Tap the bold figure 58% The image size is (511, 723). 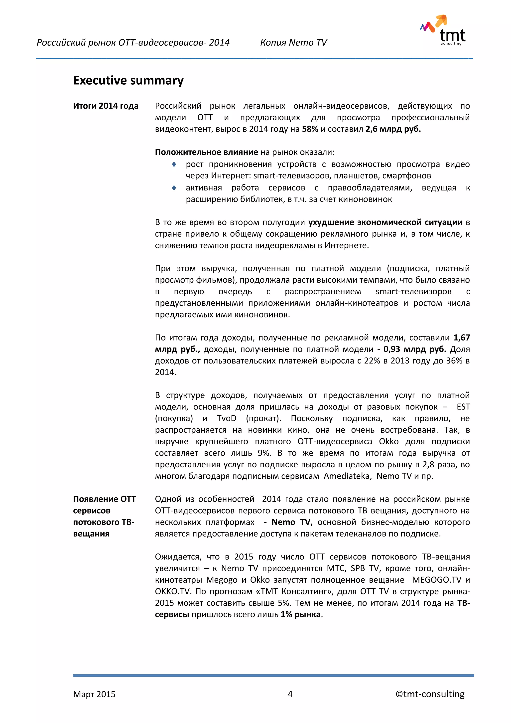coord(310,129)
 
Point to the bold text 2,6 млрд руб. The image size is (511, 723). coord(393,129)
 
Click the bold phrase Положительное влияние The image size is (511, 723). coord(206,152)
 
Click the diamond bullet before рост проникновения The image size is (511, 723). coord(174,164)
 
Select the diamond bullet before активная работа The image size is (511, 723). coord(174,188)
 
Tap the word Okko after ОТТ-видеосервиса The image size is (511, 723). coord(388,441)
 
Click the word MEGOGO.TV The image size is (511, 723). coord(436,580)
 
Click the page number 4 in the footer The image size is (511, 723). coord(290,694)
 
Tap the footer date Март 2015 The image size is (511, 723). coord(94,694)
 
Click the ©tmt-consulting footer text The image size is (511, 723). coord(430,694)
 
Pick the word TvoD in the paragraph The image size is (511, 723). coord(226,418)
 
